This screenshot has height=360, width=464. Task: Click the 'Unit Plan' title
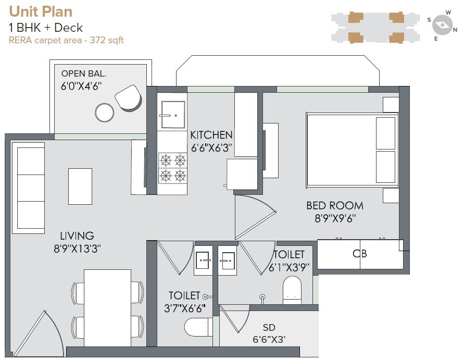click(41, 11)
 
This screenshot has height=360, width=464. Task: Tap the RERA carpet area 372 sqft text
click(66, 40)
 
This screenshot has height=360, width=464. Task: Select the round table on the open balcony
click(105, 112)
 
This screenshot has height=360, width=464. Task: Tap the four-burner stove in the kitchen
click(172, 167)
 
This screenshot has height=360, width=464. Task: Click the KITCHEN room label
click(211, 135)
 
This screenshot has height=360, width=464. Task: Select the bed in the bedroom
click(352, 150)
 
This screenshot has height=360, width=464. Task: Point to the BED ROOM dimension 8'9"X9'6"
click(335, 219)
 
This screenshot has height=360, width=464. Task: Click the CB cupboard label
click(360, 254)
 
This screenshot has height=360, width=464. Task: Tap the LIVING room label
click(77, 236)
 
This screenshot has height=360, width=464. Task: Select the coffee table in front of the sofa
click(80, 186)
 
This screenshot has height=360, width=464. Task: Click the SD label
click(269, 328)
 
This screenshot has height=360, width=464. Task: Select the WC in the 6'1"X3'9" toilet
click(292, 290)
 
